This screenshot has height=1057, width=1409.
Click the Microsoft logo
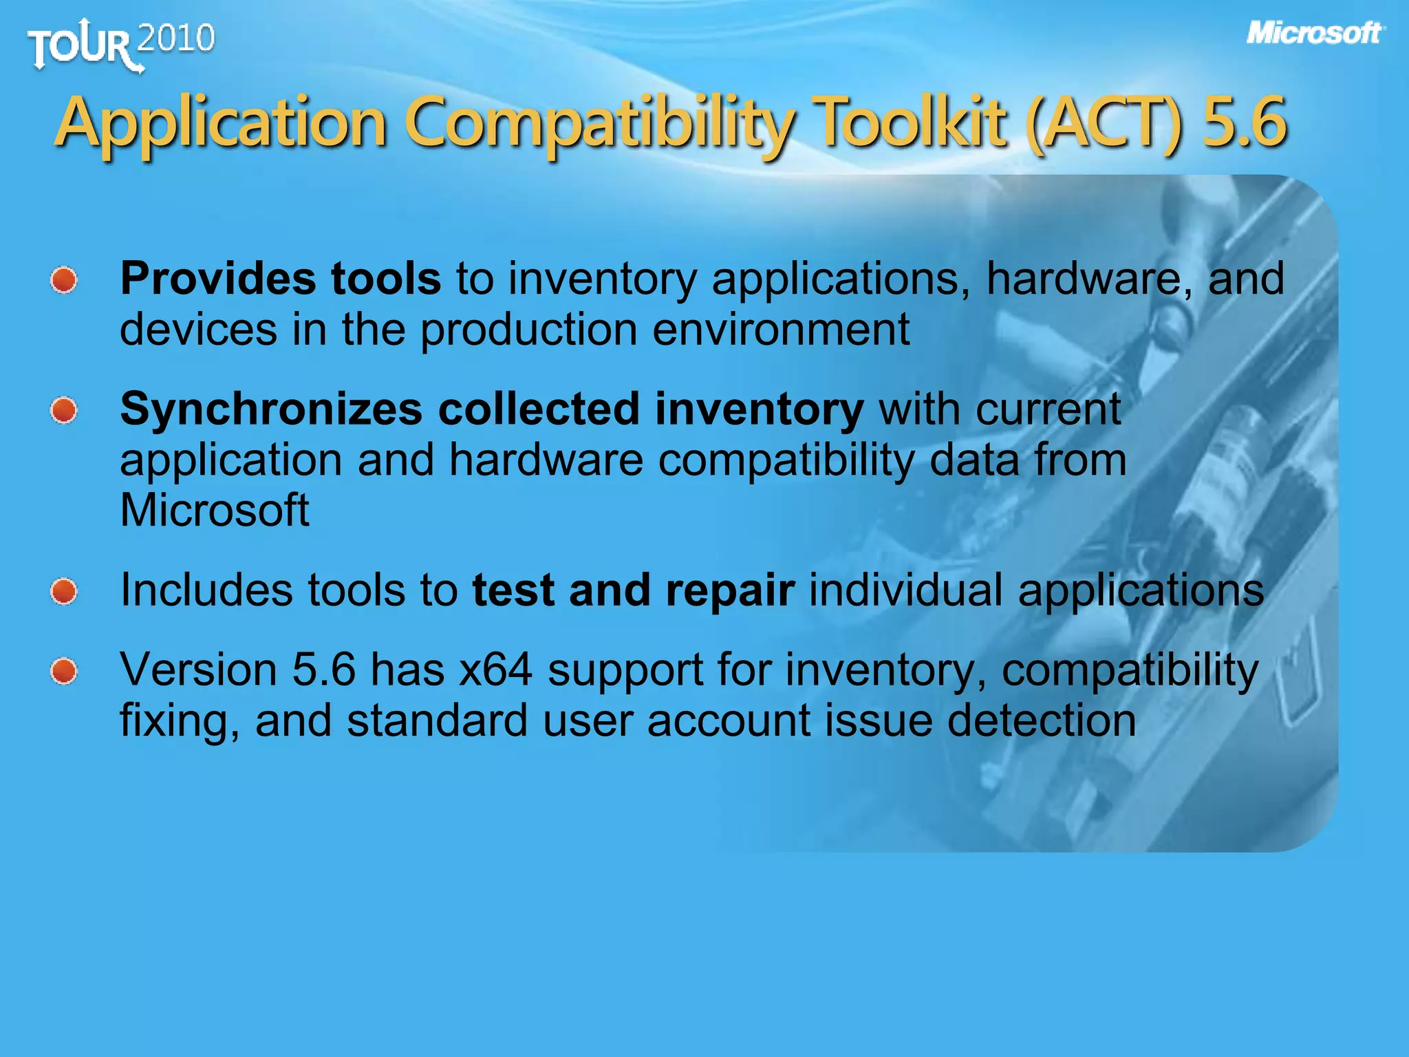tap(1314, 33)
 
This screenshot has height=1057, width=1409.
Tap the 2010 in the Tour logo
tap(176, 39)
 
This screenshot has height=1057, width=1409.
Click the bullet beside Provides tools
tap(64, 280)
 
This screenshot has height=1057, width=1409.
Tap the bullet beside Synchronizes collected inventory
tap(64, 411)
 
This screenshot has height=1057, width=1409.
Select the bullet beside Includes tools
tap(64, 592)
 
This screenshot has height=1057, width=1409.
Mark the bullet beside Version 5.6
tap(64, 671)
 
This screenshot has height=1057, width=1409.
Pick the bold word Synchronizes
tap(271, 409)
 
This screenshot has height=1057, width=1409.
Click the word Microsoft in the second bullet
tap(214, 511)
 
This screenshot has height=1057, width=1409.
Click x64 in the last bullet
tap(495, 670)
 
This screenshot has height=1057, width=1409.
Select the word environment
tap(781, 330)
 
